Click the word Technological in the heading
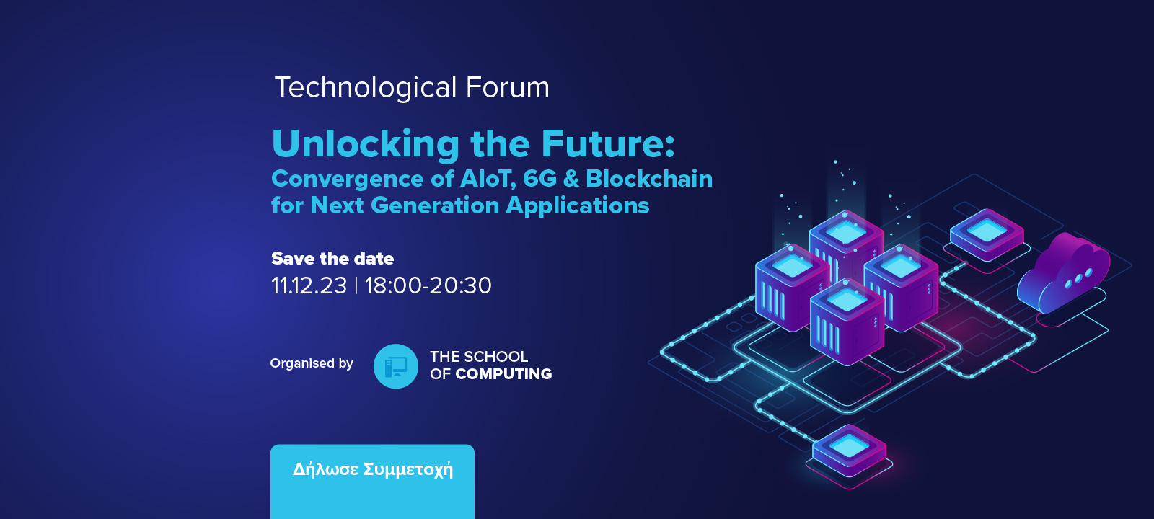click(x=366, y=87)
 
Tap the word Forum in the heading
click(x=508, y=86)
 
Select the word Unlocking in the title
click(x=365, y=143)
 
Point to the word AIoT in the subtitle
click(x=488, y=179)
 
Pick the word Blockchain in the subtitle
click(x=649, y=179)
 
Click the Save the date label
click(x=332, y=258)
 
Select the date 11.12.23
click(x=309, y=285)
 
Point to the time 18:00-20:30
click(x=428, y=285)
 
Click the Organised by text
click(x=312, y=363)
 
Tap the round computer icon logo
click(x=396, y=366)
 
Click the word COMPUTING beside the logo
click(x=503, y=374)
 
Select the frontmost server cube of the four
click(x=847, y=321)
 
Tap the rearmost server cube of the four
click(x=846, y=242)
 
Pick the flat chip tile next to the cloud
click(x=987, y=235)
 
